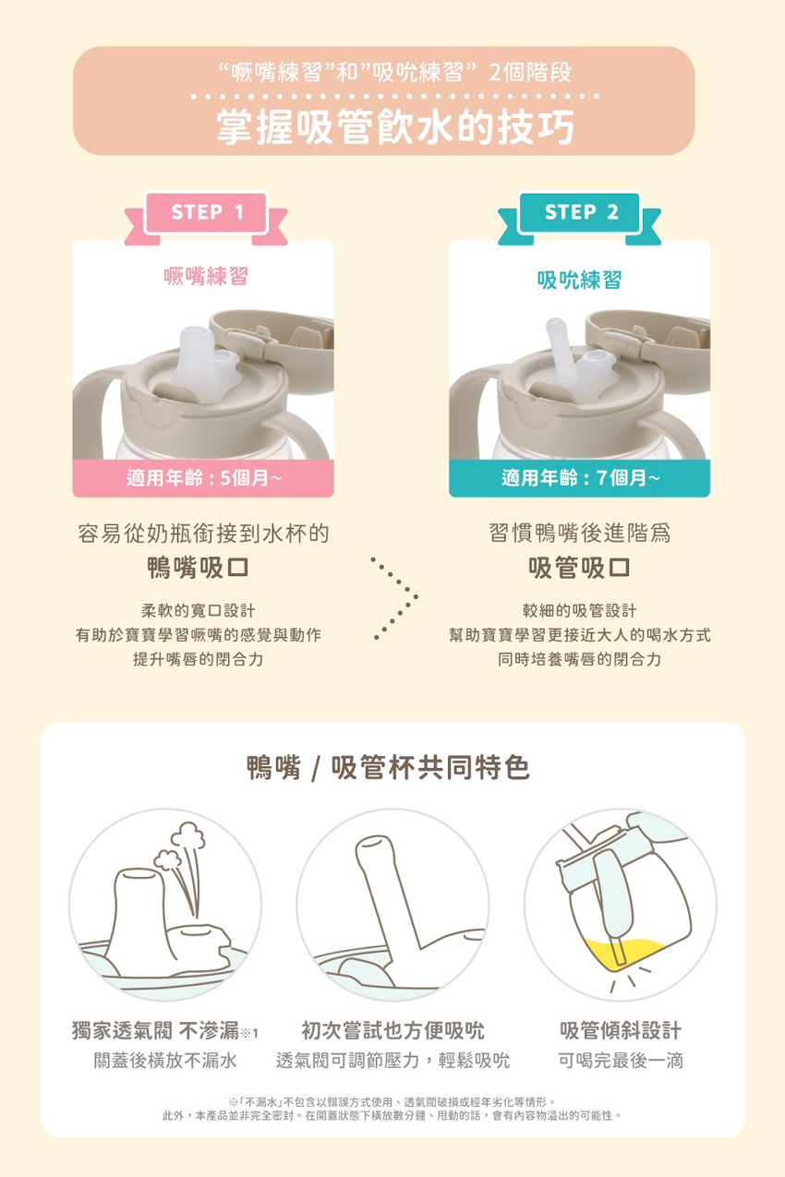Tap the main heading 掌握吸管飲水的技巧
(395, 126)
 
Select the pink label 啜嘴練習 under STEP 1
(206, 276)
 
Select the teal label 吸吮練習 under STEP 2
(579, 279)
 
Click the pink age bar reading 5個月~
(203, 478)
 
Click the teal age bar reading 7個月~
(579, 478)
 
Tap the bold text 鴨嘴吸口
(198, 568)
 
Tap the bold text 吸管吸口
(579, 568)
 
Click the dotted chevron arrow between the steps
(395, 597)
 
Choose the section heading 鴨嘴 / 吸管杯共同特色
(388, 768)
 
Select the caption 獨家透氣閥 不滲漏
(156, 1031)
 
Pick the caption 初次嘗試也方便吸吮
(392, 1031)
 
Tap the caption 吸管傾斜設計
(621, 1031)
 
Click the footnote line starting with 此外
(392, 1115)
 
